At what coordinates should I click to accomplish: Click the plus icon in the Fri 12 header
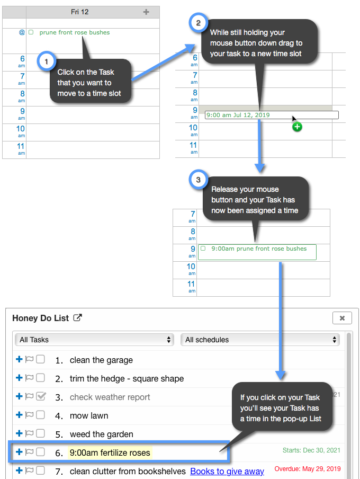(x=146, y=12)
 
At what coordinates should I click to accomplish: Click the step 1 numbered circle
(x=47, y=61)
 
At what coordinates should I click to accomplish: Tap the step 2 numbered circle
(x=199, y=23)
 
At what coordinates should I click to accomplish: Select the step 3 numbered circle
(x=199, y=180)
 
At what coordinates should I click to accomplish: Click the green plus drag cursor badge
(x=297, y=127)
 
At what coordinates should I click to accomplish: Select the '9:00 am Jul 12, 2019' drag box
(x=272, y=115)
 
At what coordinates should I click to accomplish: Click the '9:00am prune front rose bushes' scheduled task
(x=257, y=252)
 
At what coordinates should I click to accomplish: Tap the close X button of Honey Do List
(x=342, y=318)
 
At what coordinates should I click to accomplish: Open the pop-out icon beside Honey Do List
(x=78, y=318)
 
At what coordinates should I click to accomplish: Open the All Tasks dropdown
(x=94, y=340)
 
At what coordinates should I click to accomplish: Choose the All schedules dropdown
(x=260, y=340)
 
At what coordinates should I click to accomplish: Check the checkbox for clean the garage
(x=40, y=359)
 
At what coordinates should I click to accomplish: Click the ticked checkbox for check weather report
(x=41, y=396)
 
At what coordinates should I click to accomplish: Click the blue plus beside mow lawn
(x=19, y=414)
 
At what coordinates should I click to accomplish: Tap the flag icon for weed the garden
(x=29, y=433)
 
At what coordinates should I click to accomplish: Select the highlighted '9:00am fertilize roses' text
(x=110, y=453)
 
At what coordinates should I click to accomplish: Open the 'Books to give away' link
(x=227, y=472)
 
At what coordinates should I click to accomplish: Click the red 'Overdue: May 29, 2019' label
(x=308, y=469)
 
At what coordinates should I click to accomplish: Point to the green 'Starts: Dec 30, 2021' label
(x=311, y=450)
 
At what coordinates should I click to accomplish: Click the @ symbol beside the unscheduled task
(x=22, y=32)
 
